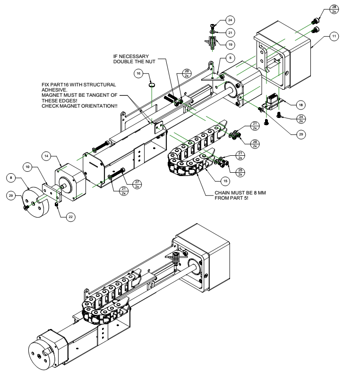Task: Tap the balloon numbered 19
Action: (x=231, y=45)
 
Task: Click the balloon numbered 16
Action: (x=138, y=75)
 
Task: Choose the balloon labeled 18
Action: (x=300, y=103)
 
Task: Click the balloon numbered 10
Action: (x=28, y=167)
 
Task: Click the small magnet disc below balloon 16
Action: (x=152, y=85)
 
